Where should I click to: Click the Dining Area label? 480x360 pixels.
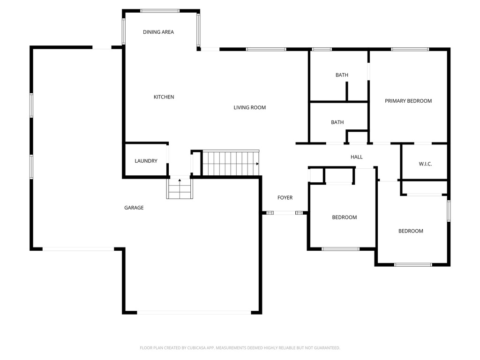(158, 32)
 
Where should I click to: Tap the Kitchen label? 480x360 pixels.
(164, 97)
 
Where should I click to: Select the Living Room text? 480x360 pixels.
(250, 108)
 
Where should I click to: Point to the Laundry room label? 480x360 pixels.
(146, 161)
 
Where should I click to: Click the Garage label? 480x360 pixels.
(134, 208)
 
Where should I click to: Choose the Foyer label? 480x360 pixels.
(285, 198)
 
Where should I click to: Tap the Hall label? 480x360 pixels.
(357, 157)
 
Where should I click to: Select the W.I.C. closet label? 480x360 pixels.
(425, 164)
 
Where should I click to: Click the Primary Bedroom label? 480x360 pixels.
(408, 101)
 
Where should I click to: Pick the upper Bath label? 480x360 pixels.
(342, 75)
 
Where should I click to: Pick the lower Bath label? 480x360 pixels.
(337, 122)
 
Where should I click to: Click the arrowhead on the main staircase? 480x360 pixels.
(257, 164)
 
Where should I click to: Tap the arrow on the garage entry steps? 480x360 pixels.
(180, 180)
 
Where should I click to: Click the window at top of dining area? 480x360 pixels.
(160, 10)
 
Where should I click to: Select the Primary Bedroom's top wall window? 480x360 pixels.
(410, 49)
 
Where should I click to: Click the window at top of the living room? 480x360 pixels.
(266, 49)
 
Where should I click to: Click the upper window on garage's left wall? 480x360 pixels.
(31, 105)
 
